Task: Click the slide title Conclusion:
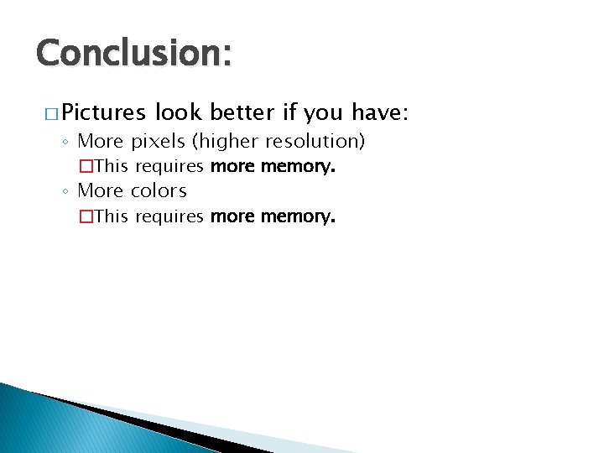tap(133, 53)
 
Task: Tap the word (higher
tap(221, 142)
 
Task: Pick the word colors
tap(159, 191)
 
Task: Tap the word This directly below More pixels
tap(111, 167)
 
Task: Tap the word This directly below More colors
tap(111, 217)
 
